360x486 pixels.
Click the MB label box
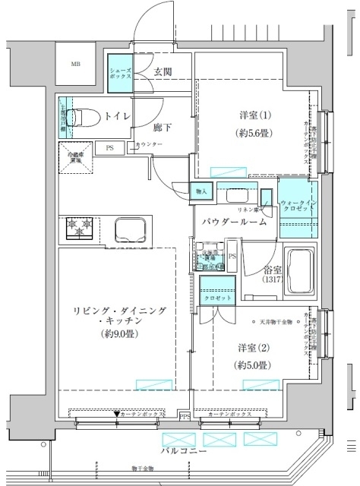point(77,65)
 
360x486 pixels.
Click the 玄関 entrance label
point(163,72)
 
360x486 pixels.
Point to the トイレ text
point(115,116)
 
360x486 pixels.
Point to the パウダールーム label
point(234,222)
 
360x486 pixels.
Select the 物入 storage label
point(201,191)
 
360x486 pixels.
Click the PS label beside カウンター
point(111,147)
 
